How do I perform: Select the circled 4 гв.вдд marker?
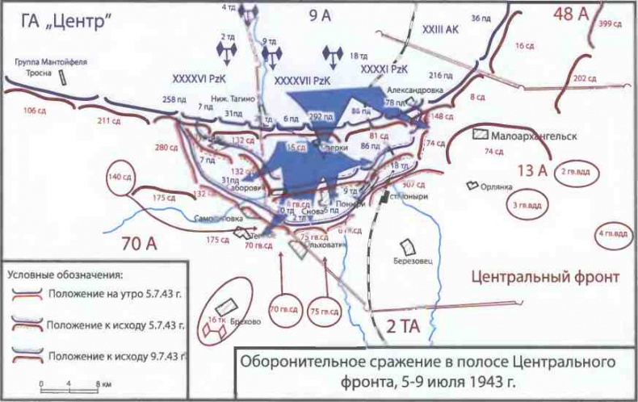611,236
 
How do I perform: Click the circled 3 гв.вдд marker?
525,206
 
